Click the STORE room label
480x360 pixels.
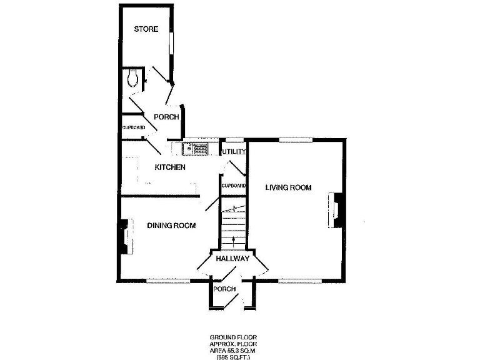pyautogui.click(x=146, y=29)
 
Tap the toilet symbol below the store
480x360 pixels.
pyautogui.click(x=132, y=77)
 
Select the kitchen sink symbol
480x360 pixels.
pyautogui.click(x=195, y=149)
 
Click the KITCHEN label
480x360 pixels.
pyautogui.click(x=170, y=167)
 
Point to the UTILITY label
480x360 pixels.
pyautogui.click(x=234, y=152)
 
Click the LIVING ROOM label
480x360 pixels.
pyautogui.click(x=288, y=187)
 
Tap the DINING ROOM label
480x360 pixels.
pyautogui.click(x=171, y=226)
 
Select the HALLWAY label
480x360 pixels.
pyautogui.click(x=232, y=259)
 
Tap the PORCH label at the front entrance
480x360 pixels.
pyautogui.click(x=224, y=289)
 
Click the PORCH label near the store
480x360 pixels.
pyautogui.click(x=167, y=117)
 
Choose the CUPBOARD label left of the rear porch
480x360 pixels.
pyautogui.click(x=134, y=127)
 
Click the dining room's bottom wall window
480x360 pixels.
pyautogui.click(x=167, y=280)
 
